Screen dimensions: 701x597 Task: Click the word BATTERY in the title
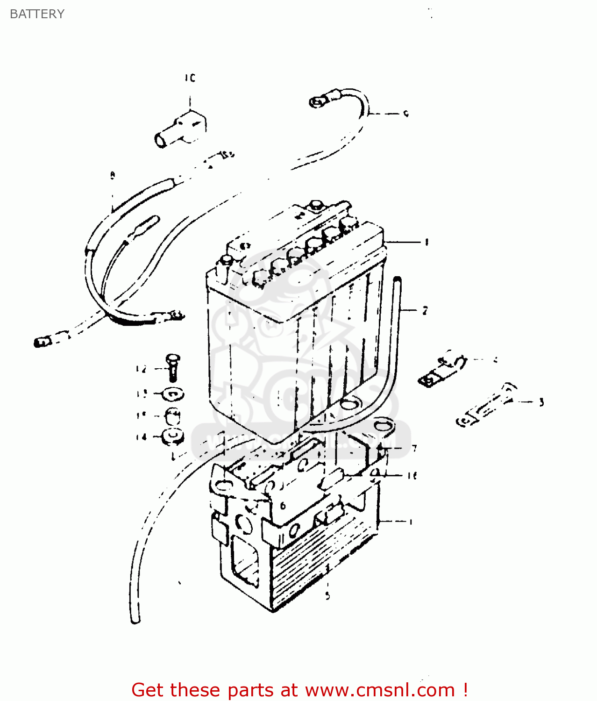coord(37,14)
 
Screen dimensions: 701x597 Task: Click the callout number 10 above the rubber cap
coord(190,78)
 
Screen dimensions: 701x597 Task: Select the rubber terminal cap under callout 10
coord(180,129)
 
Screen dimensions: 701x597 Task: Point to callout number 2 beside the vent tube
coord(425,311)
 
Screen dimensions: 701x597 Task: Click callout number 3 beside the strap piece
coord(541,402)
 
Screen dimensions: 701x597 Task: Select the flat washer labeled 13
coord(173,394)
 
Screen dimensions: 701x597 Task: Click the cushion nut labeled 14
coord(173,436)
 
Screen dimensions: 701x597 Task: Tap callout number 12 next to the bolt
coord(141,369)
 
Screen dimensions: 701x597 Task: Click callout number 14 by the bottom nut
coord(141,437)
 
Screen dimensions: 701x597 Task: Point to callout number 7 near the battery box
coord(414,449)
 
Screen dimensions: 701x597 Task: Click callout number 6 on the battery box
coord(283,506)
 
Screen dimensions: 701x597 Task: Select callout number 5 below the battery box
coord(327,596)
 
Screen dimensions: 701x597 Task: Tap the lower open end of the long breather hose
coord(135,619)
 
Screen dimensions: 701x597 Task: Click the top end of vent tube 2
coord(398,280)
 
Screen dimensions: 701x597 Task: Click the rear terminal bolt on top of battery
coord(317,205)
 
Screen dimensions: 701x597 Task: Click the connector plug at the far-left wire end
coord(41,343)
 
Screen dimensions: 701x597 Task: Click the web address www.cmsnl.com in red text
coord(380,690)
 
